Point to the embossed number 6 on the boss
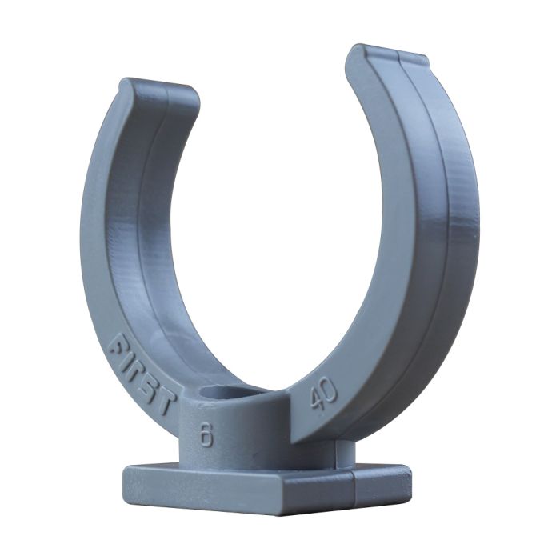(x=206, y=435)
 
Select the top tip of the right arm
(x=385, y=54)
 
